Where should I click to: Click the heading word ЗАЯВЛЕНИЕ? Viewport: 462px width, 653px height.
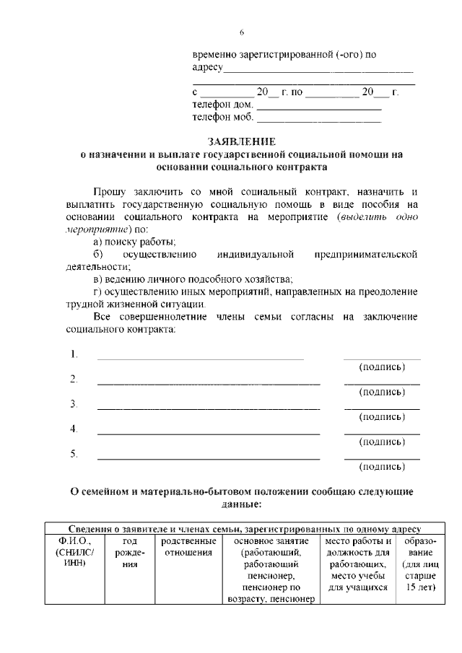pos(242,141)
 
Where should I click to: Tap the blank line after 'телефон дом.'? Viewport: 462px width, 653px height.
pos(318,108)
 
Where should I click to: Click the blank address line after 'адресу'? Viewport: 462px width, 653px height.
pos(318,71)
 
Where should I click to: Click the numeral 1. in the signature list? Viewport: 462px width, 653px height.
pos(74,354)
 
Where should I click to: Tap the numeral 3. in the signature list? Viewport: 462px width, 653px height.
pos(74,404)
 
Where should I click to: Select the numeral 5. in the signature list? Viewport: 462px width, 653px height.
pos(74,454)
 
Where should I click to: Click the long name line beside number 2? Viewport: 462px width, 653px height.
pos(209,383)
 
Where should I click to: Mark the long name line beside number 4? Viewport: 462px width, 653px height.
pos(209,434)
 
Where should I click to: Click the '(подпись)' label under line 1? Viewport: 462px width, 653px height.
pos(382,367)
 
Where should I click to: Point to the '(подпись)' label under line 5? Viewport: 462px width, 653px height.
pos(382,466)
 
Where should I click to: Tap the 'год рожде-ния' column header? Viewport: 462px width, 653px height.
pos(130,553)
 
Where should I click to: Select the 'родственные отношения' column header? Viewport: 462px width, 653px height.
pos(188,547)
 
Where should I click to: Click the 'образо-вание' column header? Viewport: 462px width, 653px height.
pos(422,547)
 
